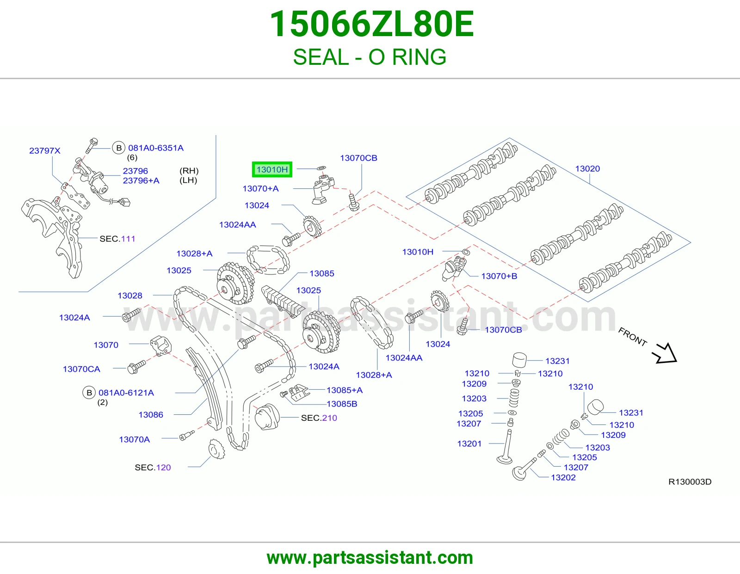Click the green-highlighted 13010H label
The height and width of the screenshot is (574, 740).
[272, 169]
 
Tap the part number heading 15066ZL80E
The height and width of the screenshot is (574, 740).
[371, 24]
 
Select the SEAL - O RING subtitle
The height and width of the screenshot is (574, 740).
[370, 57]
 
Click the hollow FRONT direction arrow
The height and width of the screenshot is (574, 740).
[665, 353]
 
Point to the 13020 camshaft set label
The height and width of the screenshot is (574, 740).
[587, 168]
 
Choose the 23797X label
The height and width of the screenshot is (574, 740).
[44, 150]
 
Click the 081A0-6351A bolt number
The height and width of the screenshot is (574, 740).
[155, 148]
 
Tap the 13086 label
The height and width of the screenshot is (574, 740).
[151, 414]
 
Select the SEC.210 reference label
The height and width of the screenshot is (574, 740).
[319, 418]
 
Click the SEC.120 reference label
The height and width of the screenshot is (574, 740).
[153, 468]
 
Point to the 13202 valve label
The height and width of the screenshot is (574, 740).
[563, 478]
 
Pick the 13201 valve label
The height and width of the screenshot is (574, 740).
[469, 443]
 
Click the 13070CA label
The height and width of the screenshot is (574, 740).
[81, 369]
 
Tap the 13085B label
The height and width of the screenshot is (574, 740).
[342, 404]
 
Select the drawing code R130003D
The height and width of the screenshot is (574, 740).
[690, 481]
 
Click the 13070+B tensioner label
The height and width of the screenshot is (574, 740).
[499, 276]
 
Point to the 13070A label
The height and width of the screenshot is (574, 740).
[135, 439]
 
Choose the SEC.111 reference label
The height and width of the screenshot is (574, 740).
[117, 238]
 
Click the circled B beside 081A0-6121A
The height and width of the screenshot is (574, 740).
[89, 393]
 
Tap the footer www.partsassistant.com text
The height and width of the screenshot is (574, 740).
[370, 558]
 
